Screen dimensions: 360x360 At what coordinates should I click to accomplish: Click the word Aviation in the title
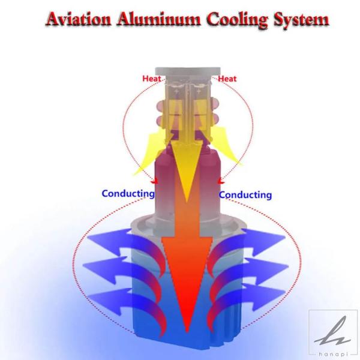point(78,19)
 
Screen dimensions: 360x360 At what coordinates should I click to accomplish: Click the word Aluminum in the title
point(158,19)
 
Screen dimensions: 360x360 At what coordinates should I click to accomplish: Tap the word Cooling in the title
point(237,20)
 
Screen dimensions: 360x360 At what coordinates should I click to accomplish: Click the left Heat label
point(152,79)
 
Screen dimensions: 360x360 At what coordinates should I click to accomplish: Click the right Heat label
point(227,79)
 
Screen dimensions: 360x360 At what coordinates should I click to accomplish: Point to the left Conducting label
point(128,194)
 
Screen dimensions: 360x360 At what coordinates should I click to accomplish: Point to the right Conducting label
point(245,195)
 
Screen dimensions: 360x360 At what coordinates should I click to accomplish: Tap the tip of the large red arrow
point(187,332)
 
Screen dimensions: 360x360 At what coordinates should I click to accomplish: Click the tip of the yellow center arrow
point(187,202)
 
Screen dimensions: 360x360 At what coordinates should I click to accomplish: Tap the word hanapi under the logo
point(333,355)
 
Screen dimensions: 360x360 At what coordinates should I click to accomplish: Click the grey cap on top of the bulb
point(188,72)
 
